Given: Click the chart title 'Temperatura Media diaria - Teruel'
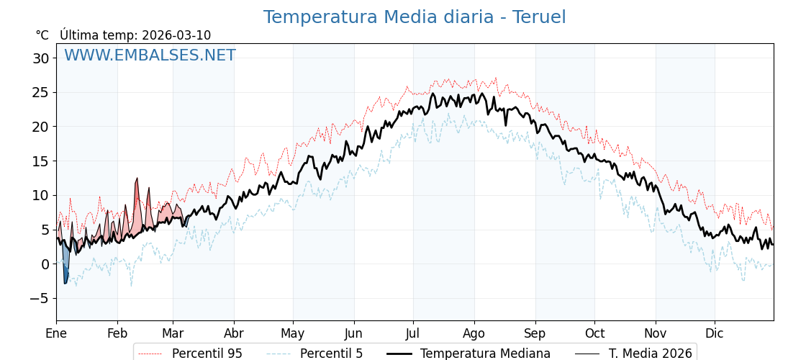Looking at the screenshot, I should click(414, 17).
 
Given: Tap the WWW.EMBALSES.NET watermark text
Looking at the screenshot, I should click(150, 55).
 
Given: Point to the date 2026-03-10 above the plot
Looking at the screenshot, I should click(176, 35).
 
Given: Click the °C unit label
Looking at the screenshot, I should click(42, 35).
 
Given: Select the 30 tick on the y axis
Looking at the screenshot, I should click(40, 58).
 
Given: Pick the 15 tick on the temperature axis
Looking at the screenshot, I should click(40, 161).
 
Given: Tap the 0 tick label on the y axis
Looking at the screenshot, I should click(45, 264).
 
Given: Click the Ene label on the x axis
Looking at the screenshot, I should click(56, 333).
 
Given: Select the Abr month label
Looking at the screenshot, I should click(234, 333).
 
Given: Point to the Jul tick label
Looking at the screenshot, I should click(413, 333).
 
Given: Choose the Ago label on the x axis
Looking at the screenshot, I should click(474, 333).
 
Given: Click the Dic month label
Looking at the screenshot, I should click(715, 333).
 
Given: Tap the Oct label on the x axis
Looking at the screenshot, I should click(594, 333).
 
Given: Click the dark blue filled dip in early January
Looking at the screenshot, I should click(65, 272).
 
